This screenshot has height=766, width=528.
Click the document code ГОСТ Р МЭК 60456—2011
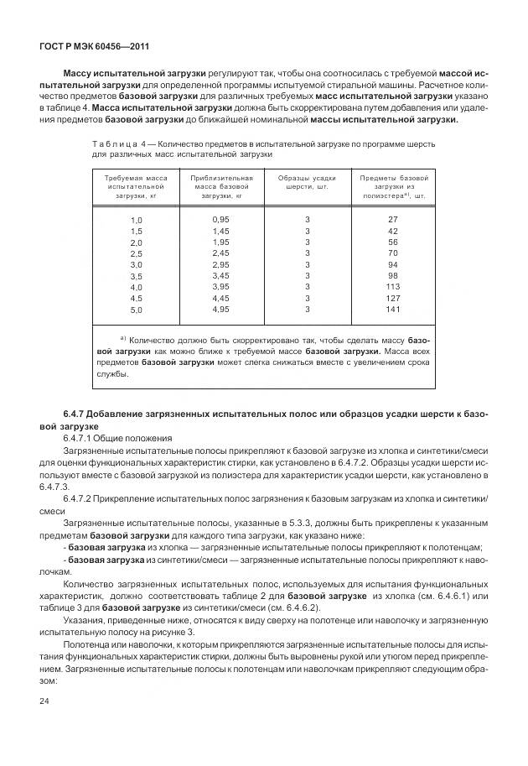(78, 47)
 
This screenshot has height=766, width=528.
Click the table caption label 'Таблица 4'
(121, 143)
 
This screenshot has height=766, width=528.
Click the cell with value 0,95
(220, 218)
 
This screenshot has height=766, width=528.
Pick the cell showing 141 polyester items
(392, 309)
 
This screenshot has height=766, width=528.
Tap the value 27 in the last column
(392, 218)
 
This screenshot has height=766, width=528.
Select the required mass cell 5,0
(137, 310)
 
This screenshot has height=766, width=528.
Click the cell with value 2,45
(220, 253)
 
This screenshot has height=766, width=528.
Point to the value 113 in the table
(392, 286)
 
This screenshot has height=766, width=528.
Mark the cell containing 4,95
(220, 309)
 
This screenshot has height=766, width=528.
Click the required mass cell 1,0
(137, 219)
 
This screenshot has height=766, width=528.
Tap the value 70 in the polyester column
(392, 253)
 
